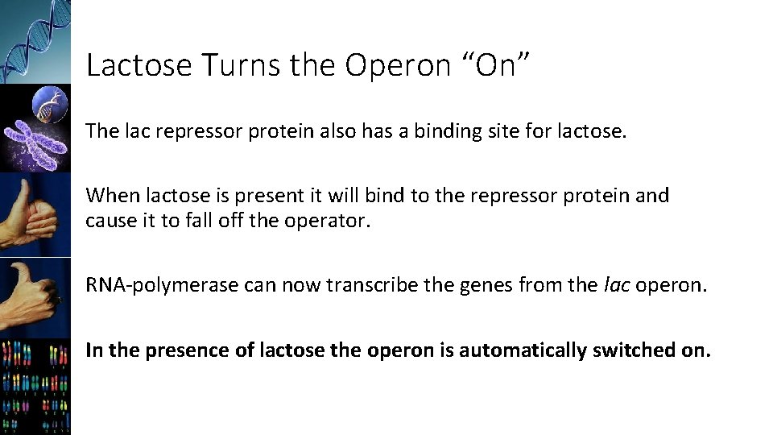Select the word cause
click(110, 221)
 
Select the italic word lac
click(616, 285)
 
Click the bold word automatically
click(542, 350)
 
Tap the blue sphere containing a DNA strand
click(51, 105)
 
